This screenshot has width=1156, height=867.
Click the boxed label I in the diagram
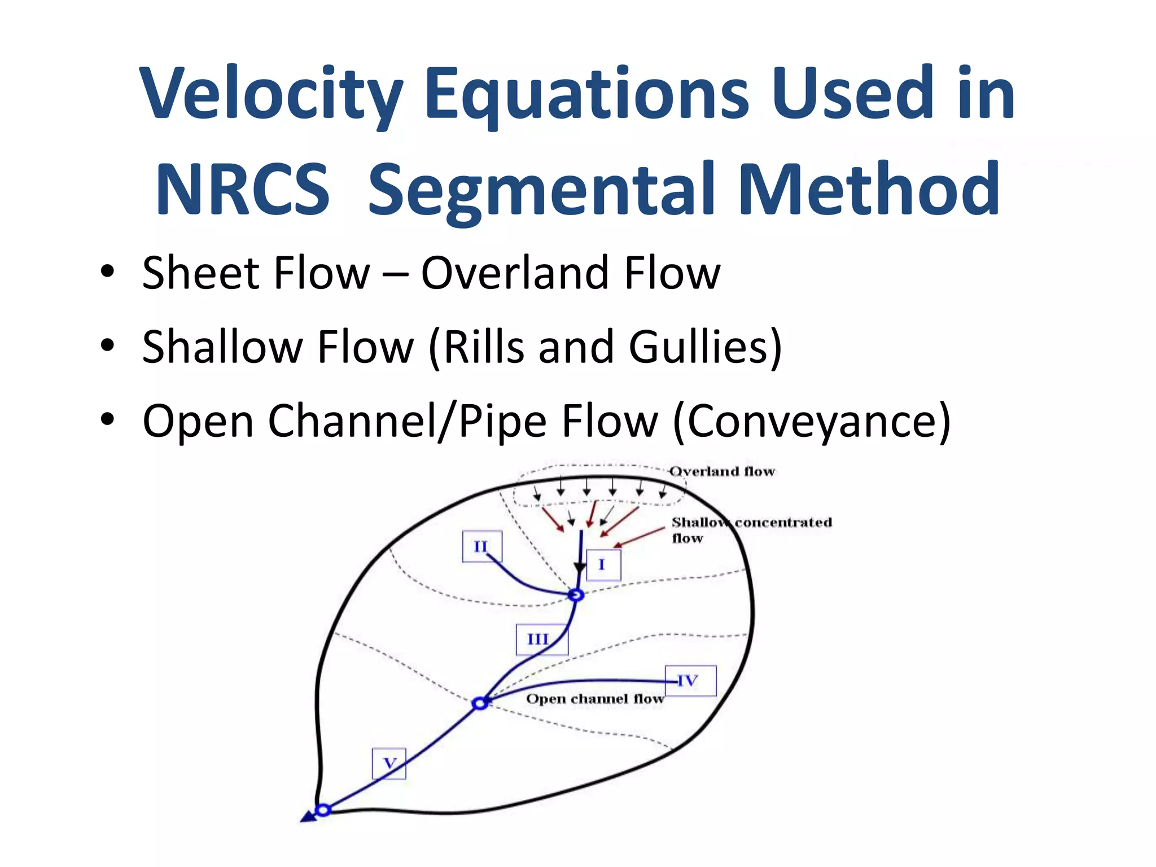[x=603, y=564]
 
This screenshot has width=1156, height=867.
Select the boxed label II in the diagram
[x=481, y=546]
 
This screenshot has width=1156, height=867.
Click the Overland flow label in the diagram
[x=722, y=471]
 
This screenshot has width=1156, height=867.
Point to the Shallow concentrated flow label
[x=751, y=529]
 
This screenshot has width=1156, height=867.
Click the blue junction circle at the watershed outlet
[x=323, y=810]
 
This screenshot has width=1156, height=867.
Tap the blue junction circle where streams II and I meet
[x=576, y=595]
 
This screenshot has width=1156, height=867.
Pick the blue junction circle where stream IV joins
[x=480, y=703]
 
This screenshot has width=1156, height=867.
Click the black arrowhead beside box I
[x=580, y=568]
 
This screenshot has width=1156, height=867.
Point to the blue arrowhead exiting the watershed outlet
[x=308, y=817]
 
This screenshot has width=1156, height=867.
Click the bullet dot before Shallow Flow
[x=107, y=345]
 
